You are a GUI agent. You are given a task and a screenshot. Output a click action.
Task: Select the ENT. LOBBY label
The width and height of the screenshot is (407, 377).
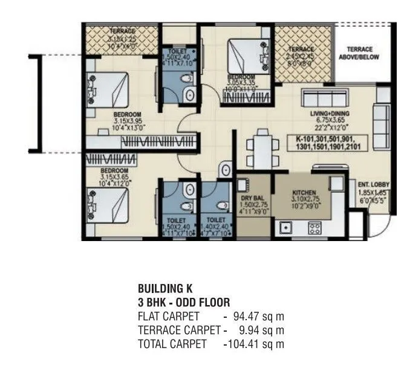[374, 185]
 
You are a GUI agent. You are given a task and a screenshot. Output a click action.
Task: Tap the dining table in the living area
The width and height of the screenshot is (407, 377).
[262, 147]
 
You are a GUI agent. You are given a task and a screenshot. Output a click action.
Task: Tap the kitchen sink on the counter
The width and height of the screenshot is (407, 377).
[285, 228]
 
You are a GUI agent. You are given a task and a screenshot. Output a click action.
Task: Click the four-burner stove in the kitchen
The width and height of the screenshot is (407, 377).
[315, 228]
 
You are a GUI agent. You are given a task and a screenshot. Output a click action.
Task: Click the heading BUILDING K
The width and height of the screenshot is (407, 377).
[166, 289]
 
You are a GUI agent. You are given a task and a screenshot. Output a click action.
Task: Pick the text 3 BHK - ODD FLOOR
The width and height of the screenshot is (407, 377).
[183, 302]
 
